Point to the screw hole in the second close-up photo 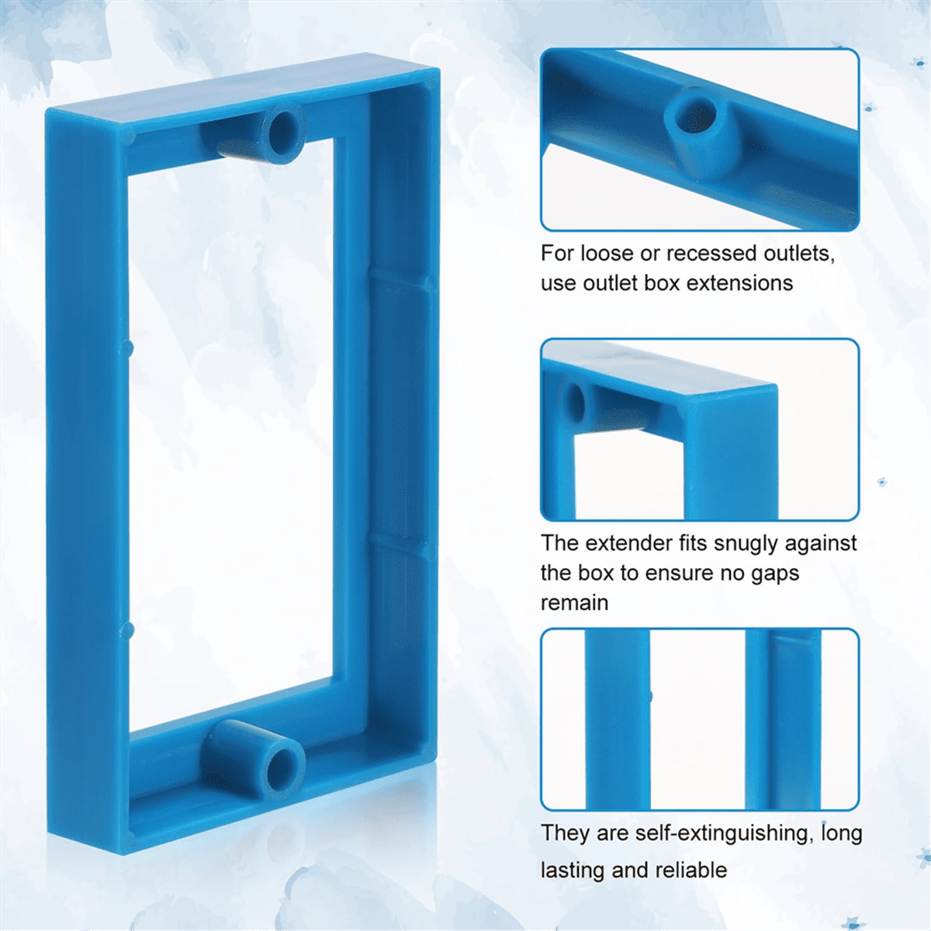coord(576,400)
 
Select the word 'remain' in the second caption coord(574,603)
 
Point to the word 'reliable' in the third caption coord(688,870)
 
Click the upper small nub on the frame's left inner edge coord(130,346)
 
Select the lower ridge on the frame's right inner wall coord(400,543)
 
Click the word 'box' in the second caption coord(595,573)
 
